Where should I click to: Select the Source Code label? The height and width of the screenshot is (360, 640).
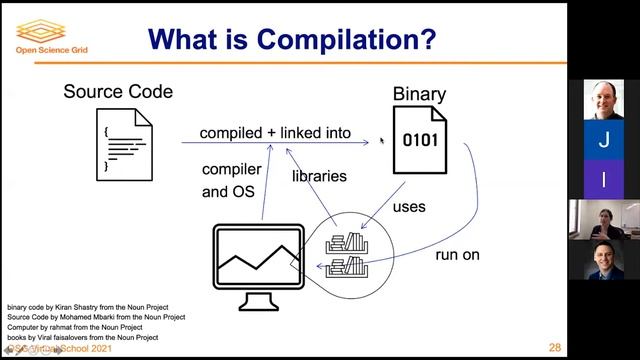[118, 92]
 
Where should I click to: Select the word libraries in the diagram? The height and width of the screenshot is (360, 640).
[319, 176]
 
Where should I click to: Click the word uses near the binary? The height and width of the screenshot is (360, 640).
[409, 207]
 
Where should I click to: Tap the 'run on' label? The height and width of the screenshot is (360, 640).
[457, 255]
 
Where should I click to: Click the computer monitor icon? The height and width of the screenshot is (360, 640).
[256, 265]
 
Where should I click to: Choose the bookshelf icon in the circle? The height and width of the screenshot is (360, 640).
[348, 255]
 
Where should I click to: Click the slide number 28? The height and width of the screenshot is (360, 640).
[554, 345]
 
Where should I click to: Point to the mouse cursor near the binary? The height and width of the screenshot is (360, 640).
[381, 141]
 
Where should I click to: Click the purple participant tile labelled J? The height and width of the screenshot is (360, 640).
[603, 142]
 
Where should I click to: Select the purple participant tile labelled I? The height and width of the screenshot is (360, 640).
[603, 180]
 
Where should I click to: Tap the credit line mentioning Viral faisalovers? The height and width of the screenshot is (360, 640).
[83, 337]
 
